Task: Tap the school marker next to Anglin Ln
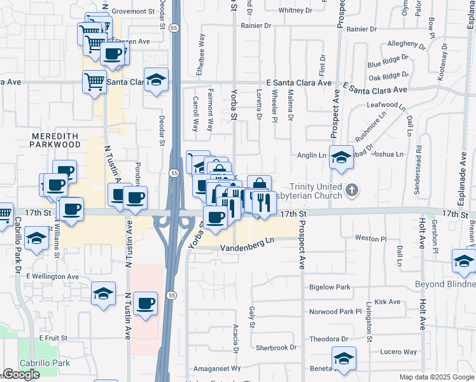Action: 342,157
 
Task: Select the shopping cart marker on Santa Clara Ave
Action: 94,81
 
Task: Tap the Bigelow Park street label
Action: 330,287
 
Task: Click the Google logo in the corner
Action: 22,374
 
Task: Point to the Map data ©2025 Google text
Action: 436,377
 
